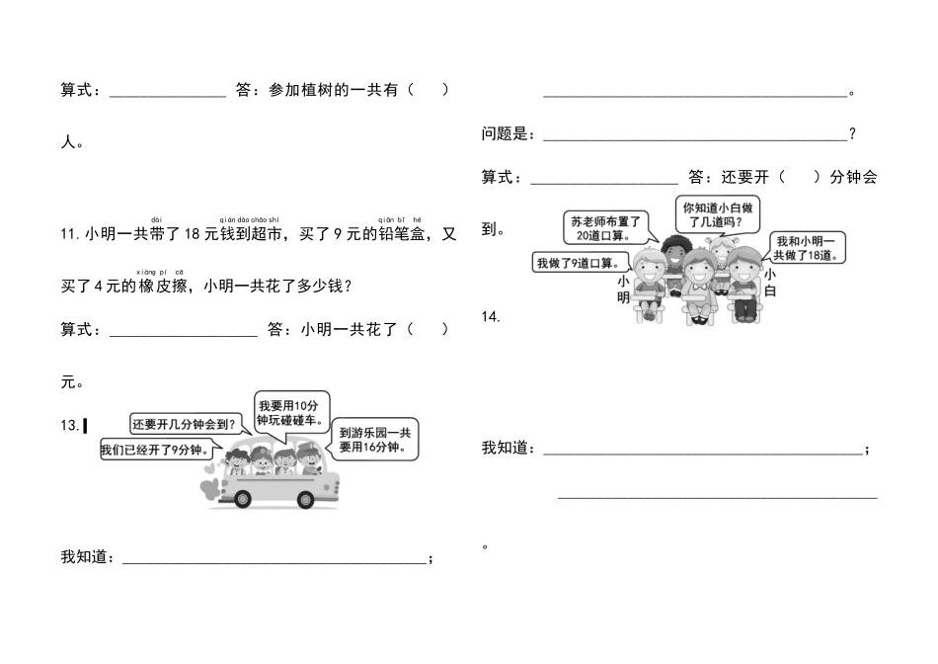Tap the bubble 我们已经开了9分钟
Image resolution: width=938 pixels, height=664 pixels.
(157, 451)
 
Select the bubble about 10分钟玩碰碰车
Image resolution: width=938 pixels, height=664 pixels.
(290, 412)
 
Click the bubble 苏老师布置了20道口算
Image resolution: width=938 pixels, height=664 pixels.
(605, 228)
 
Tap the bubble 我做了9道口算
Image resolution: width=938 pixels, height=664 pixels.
(582, 263)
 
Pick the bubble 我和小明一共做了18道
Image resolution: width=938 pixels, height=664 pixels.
(806, 248)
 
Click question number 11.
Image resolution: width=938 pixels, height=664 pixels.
(69, 235)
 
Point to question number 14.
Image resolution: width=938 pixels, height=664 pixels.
(491, 316)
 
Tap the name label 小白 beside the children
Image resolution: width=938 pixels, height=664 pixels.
(769, 283)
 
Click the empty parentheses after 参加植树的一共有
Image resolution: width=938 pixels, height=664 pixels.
(430, 90)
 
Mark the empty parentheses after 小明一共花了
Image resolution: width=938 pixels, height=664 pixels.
(430, 329)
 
